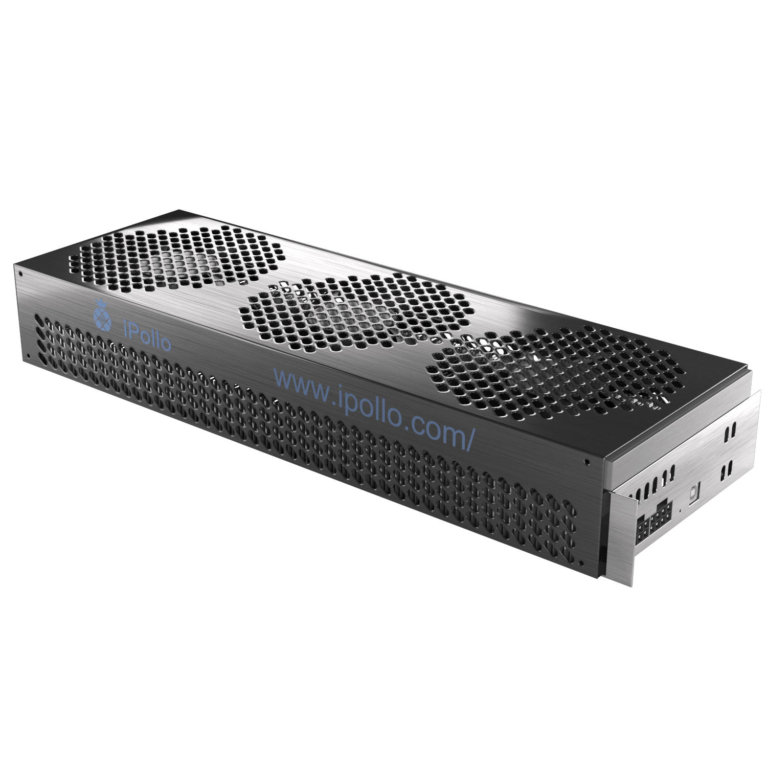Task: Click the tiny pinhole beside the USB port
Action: pyautogui.click(x=680, y=510)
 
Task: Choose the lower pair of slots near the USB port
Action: pyautogui.click(x=726, y=468)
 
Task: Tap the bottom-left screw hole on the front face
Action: pyautogui.click(x=29, y=354)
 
